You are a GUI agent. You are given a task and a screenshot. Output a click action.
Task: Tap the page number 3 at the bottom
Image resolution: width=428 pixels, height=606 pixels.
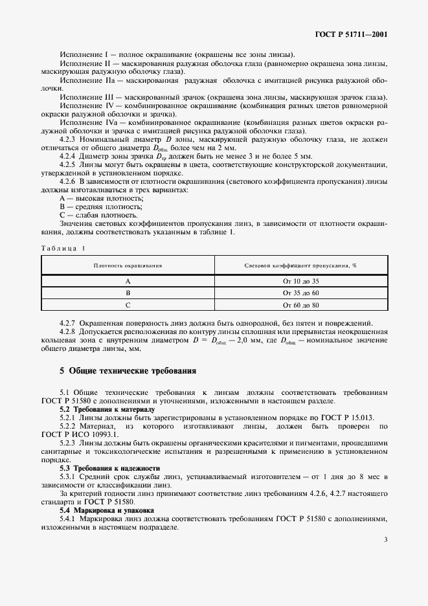(x=385, y=539)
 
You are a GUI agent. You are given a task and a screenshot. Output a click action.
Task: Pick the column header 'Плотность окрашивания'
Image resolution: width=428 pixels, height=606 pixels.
(x=128, y=265)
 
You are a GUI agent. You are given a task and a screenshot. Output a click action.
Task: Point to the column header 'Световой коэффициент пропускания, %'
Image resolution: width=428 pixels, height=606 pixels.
(x=301, y=265)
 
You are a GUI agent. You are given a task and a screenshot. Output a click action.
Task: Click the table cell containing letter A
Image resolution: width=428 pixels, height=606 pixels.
(x=128, y=281)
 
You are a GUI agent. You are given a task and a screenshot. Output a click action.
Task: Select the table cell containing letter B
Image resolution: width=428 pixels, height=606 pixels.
(x=128, y=293)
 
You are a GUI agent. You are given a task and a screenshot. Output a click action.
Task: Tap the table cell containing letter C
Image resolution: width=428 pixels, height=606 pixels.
(x=128, y=304)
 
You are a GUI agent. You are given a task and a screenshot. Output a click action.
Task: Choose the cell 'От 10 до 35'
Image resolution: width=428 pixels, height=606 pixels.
(x=301, y=281)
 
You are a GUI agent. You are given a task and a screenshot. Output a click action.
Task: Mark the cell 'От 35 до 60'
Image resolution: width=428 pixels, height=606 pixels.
(x=301, y=293)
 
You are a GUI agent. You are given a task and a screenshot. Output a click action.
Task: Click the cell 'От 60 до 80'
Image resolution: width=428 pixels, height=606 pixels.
(x=301, y=304)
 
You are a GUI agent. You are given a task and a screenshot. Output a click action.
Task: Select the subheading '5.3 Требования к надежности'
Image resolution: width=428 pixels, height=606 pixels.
(x=108, y=467)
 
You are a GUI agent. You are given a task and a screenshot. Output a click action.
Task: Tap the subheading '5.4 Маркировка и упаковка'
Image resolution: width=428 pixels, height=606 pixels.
(x=104, y=510)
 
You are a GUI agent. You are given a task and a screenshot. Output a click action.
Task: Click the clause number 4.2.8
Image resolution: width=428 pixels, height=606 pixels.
(x=69, y=331)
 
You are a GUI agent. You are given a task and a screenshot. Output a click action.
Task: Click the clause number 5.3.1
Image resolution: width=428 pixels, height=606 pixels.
(x=69, y=477)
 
